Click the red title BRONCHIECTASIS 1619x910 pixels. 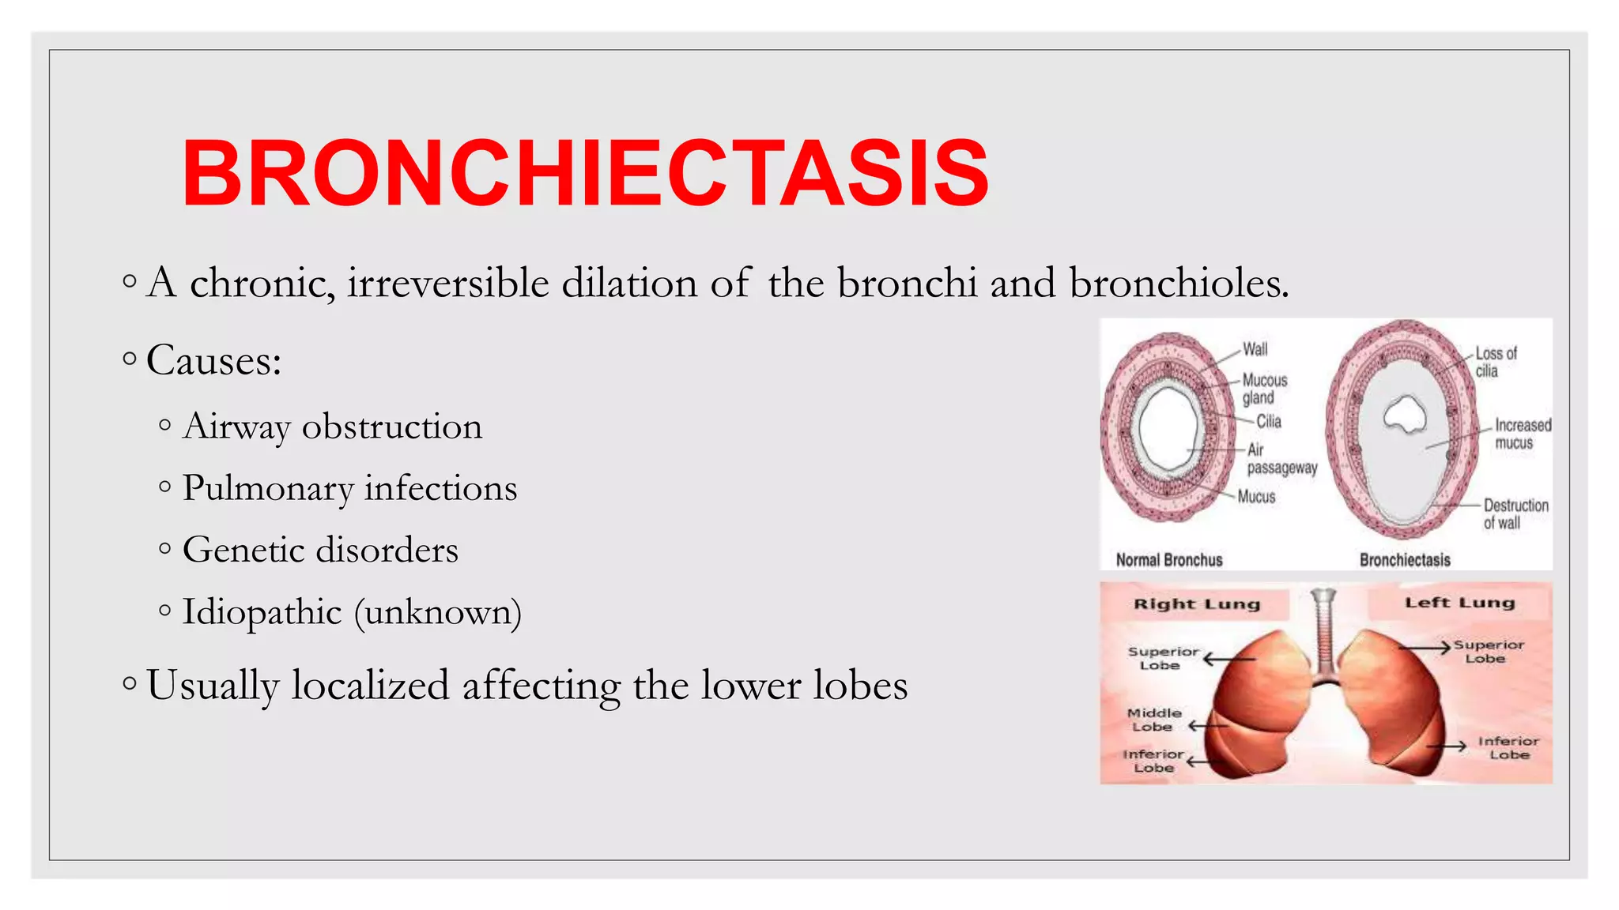click(585, 173)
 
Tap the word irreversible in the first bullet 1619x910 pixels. click(447, 283)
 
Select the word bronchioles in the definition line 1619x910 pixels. click(1178, 283)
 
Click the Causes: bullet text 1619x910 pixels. click(213, 361)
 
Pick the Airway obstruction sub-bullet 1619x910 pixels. click(332, 427)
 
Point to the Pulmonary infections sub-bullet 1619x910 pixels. click(349, 488)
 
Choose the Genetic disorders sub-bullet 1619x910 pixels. click(320, 550)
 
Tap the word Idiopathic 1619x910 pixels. click(262, 611)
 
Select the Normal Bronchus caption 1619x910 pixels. click(1168, 560)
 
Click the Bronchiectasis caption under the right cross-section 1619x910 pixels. click(1405, 560)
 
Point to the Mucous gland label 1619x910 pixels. click(1264, 389)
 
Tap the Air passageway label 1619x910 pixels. click(1281, 459)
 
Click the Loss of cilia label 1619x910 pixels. click(1495, 362)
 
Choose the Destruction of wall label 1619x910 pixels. click(1515, 513)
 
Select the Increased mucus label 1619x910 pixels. click(1522, 434)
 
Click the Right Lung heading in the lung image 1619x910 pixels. click(1196, 604)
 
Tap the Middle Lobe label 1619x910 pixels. click(1153, 720)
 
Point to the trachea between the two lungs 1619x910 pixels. click(1324, 632)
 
